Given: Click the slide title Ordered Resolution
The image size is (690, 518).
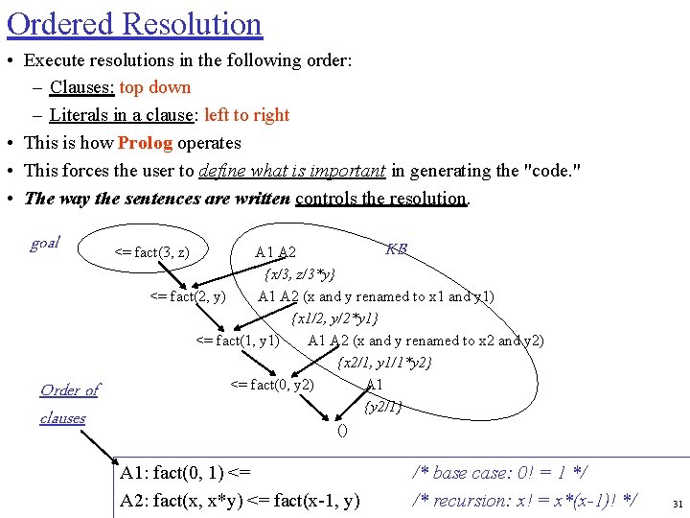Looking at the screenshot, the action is pyautogui.click(x=134, y=23).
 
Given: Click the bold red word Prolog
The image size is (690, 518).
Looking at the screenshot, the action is pyautogui.click(x=145, y=143).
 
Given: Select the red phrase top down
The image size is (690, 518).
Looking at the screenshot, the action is pyautogui.click(x=154, y=87).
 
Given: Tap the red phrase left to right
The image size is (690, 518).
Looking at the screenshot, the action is pyautogui.click(x=246, y=115).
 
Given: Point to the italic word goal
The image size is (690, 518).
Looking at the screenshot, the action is pyautogui.click(x=45, y=243).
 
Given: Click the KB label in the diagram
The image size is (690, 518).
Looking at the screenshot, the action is pyautogui.click(x=396, y=249).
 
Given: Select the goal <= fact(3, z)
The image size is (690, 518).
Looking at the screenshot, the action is pyautogui.click(x=152, y=253).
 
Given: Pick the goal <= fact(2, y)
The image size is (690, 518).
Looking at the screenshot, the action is pyautogui.click(x=189, y=296).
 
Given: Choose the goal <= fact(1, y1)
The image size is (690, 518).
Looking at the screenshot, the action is pyautogui.click(x=238, y=341).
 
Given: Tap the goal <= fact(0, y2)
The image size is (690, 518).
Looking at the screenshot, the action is pyautogui.click(x=272, y=385).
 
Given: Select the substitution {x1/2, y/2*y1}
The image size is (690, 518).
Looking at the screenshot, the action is pyautogui.click(x=334, y=318).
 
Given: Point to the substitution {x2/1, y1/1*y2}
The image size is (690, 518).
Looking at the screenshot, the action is pyautogui.click(x=384, y=363).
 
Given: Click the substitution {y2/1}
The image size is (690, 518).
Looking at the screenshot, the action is pyautogui.click(x=383, y=407).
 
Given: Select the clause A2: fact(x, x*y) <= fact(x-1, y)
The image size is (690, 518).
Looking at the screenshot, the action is pyautogui.click(x=240, y=500).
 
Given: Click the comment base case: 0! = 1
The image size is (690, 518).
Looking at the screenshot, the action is pyautogui.click(x=499, y=472).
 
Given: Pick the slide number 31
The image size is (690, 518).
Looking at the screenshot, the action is pyautogui.click(x=678, y=504).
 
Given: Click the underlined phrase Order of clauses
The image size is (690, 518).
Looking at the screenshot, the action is pyautogui.click(x=68, y=404).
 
